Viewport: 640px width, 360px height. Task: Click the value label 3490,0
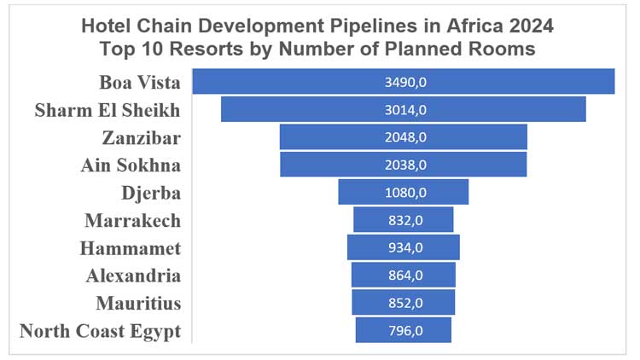[x=404, y=82]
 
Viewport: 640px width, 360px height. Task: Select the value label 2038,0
[x=404, y=165]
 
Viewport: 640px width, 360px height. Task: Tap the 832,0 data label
[x=404, y=220]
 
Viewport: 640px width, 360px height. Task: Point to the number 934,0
[x=404, y=247]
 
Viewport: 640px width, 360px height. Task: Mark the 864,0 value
[x=404, y=275]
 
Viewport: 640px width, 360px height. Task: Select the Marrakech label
[x=132, y=220]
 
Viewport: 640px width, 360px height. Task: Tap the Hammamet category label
[x=130, y=248]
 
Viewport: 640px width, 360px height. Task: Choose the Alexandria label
[x=133, y=276]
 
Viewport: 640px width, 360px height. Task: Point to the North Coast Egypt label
[x=100, y=331]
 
